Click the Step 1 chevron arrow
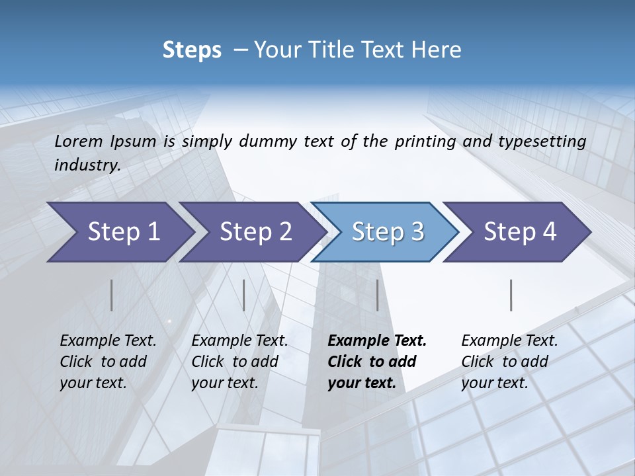pos(119,232)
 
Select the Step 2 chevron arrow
pos(251,232)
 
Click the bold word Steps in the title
pos(192,50)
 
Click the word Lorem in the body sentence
pos(79,141)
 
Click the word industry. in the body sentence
pos(87,165)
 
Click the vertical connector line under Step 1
pos(112,295)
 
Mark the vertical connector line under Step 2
pos(244,295)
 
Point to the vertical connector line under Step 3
pos(377,295)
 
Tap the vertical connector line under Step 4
pos(511,295)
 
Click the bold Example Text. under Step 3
pos(377,340)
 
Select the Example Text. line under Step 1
pos(108,340)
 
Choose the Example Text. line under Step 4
pos(509,340)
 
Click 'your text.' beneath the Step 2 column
pos(224,383)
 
